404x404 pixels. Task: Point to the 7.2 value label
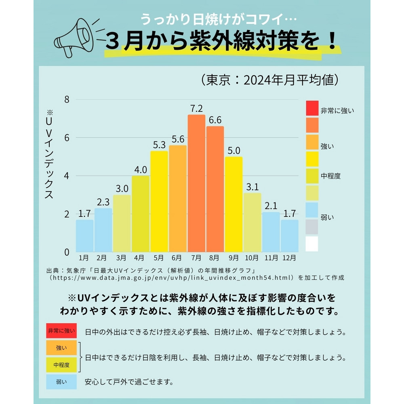tap(196, 109)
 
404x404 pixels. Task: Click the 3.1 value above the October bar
tap(253, 187)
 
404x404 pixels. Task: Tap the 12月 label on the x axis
tap(290, 257)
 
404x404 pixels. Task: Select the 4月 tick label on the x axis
tap(140, 257)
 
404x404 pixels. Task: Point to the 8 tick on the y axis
tap(67, 99)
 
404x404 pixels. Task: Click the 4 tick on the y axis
tap(67, 176)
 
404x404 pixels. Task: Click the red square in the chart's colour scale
tap(312, 108)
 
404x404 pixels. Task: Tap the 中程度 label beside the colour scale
tap(330, 176)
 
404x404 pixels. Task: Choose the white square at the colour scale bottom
tap(312, 244)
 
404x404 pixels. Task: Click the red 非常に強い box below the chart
tap(61, 331)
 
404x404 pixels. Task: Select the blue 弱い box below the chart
tap(61, 381)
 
